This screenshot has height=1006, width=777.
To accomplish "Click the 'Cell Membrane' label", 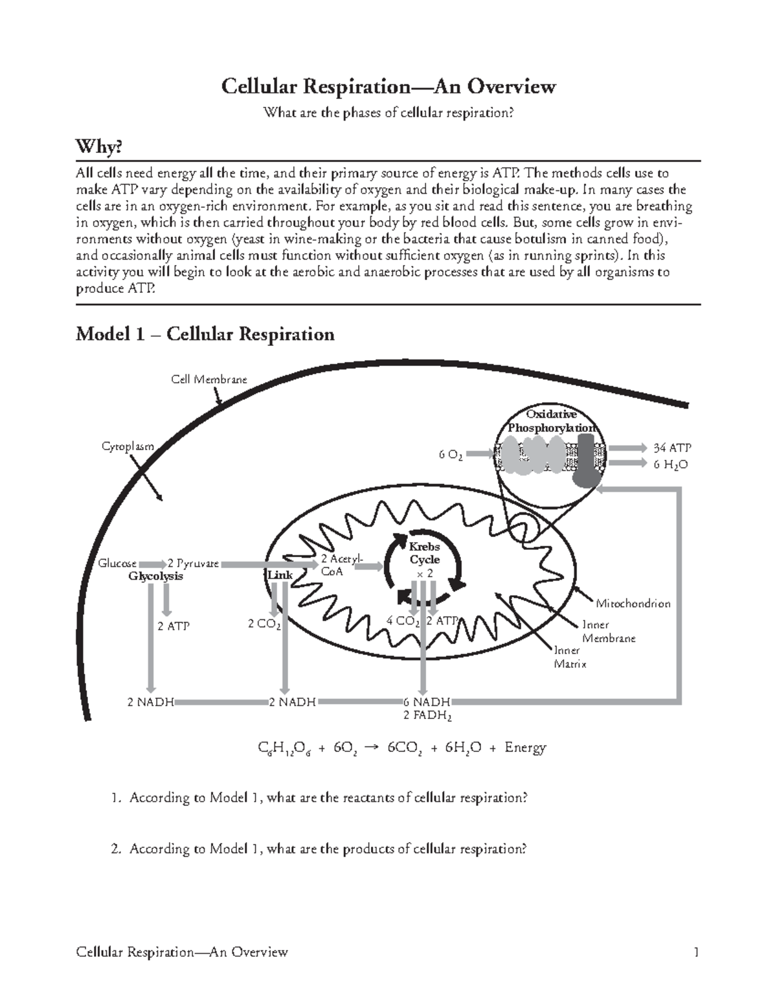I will (208, 380).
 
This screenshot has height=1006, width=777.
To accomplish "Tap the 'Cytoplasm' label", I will (128, 446).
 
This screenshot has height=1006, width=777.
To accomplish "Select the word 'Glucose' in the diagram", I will (117, 564).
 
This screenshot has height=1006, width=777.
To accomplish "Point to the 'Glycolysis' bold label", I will (155, 577).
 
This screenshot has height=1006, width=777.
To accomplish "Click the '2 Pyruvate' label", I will (193, 564).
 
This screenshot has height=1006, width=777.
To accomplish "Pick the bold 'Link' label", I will (280, 575).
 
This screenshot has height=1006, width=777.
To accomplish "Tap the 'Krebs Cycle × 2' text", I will (424, 560).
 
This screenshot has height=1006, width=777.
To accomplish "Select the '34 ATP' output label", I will (671, 448).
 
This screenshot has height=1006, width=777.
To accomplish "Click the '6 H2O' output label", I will (670, 464).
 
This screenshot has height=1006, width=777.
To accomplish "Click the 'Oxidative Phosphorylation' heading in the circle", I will (551, 421).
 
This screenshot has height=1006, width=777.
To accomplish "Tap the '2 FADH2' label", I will (427, 716).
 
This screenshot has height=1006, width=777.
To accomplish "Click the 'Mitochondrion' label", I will (633, 604).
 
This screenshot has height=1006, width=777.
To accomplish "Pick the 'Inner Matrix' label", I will (570, 657).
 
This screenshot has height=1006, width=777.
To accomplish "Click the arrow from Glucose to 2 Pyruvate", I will (152, 564).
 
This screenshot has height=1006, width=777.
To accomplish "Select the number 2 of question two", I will (115, 849).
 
